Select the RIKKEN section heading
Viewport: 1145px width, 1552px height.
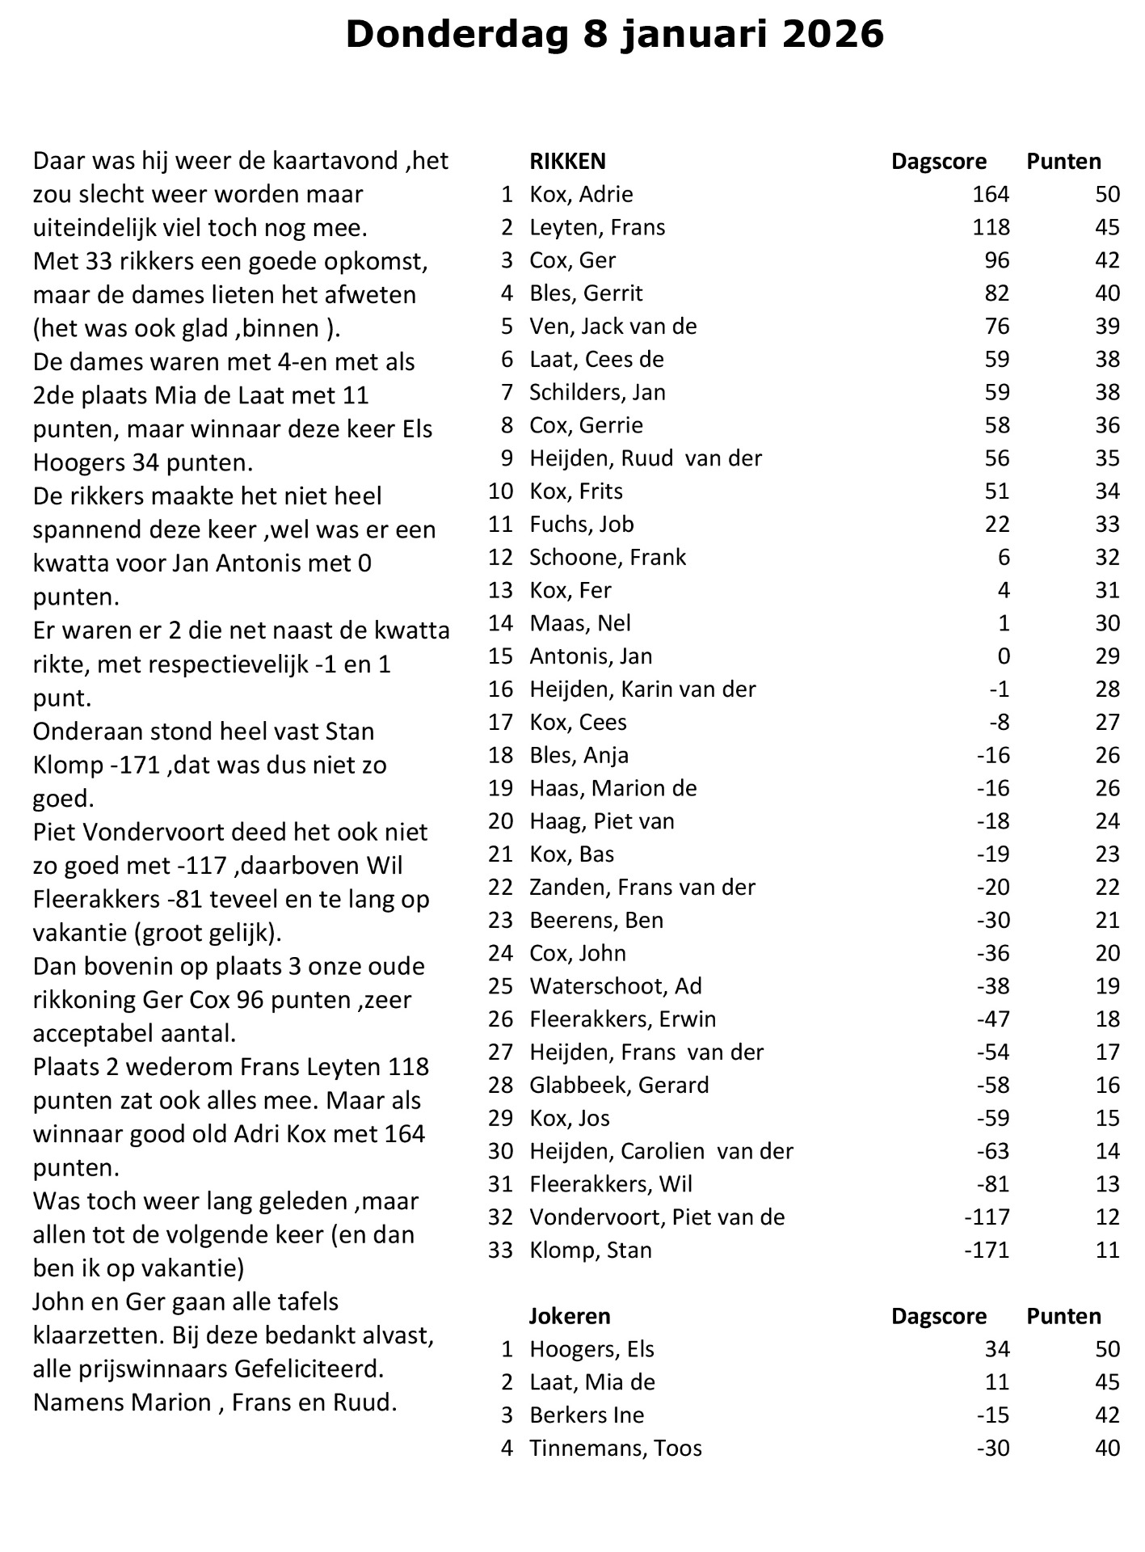(x=567, y=162)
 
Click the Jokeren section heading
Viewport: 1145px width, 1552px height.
(x=569, y=1317)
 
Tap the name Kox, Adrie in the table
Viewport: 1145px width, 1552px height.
(x=581, y=195)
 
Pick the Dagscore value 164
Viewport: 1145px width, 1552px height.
(x=991, y=195)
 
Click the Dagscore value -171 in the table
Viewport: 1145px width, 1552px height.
(x=987, y=1250)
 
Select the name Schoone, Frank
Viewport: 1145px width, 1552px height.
(x=608, y=558)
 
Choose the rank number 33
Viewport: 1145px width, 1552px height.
(x=501, y=1250)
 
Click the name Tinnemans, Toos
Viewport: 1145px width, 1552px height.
(x=615, y=1449)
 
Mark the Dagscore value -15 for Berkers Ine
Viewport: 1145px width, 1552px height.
(x=993, y=1415)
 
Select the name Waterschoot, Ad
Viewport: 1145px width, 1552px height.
(x=615, y=987)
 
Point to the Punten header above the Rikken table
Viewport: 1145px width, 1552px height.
(x=1063, y=162)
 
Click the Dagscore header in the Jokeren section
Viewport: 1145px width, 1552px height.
(x=938, y=1317)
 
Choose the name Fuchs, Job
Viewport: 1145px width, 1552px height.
(x=581, y=525)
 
